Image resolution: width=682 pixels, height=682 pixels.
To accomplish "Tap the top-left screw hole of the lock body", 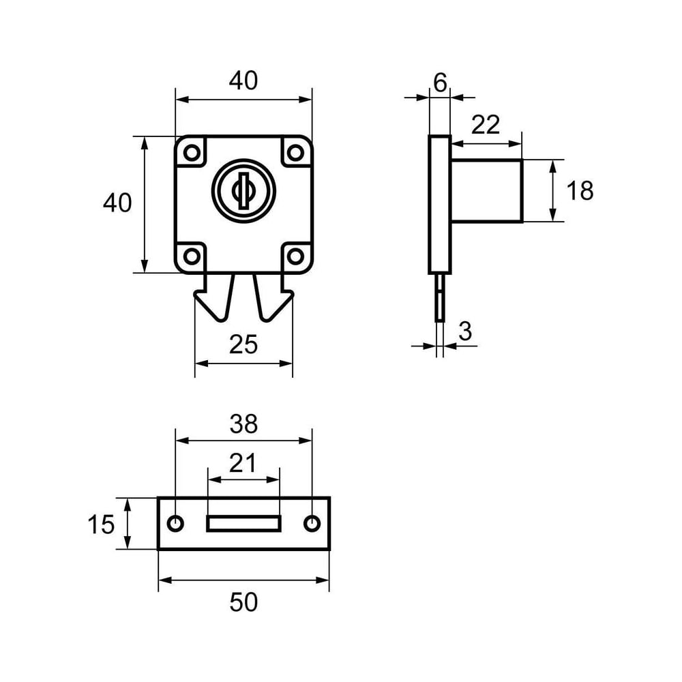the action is click(x=192, y=153).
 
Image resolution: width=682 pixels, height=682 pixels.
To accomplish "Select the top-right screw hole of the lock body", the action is click(x=296, y=153).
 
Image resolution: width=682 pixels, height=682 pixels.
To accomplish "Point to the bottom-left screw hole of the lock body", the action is click(x=192, y=256).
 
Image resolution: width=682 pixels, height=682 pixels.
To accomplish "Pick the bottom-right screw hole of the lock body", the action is click(x=296, y=256).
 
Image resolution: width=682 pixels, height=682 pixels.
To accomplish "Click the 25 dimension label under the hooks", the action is click(x=243, y=344).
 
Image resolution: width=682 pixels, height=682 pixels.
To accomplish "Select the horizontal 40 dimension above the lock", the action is click(x=243, y=81).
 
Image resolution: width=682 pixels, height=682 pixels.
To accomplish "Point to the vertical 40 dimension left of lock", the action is click(x=117, y=203).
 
